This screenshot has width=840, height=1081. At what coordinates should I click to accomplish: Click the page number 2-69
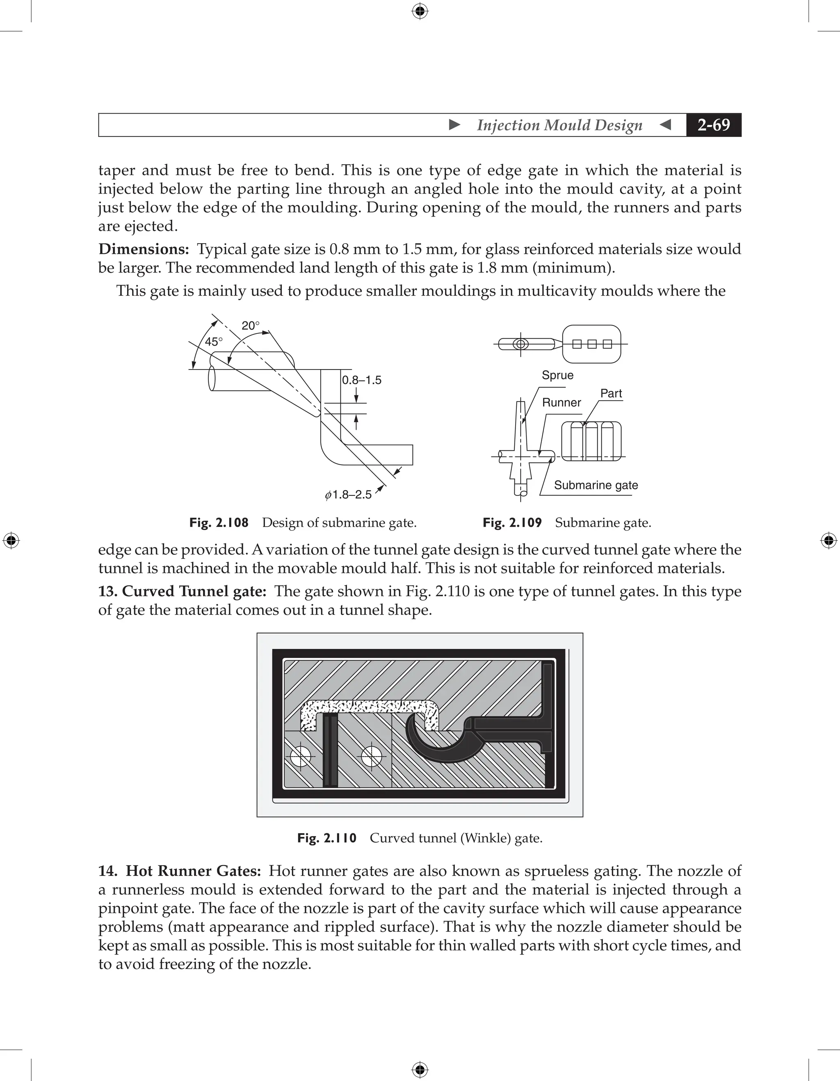[x=713, y=125]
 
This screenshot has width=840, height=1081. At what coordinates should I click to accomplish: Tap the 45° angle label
[x=214, y=342]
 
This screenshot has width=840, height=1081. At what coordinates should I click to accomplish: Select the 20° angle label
[x=251, y=326]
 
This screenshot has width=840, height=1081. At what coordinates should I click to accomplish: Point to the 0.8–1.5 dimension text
[x=362, y=380]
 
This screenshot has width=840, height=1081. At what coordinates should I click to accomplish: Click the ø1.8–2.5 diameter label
[x=349, y=495]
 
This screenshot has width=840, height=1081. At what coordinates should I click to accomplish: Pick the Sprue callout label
[x=557, y=375]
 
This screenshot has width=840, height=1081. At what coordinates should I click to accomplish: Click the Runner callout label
[x=562, y=402]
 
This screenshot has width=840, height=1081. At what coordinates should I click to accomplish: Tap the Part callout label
[x=611, y=394]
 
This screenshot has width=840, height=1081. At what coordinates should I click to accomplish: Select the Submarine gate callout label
[x=596, y=485]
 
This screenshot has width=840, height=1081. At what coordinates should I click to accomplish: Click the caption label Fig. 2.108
[x=219, y=523]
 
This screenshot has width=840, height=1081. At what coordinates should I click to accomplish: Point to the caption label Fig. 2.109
[x=512, y=523]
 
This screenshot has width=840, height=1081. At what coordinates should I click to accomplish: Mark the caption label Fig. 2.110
[x=327, y=838]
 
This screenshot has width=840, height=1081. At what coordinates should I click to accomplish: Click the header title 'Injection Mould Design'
[x=559, y=125]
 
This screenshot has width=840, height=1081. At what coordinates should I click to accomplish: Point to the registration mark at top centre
[x=420, y=11]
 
